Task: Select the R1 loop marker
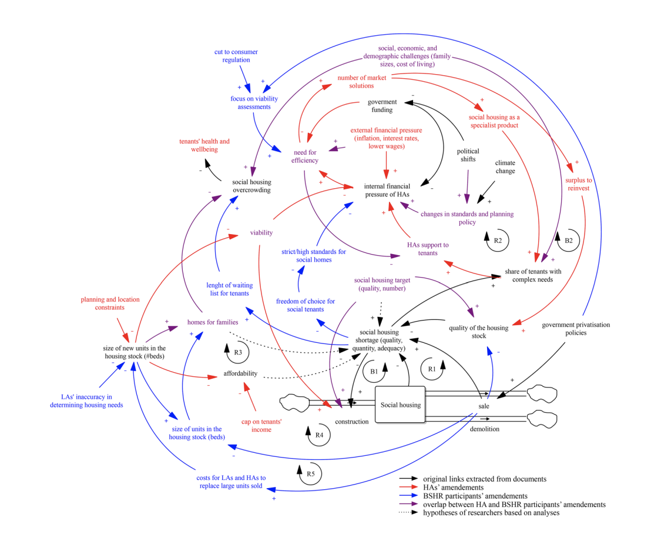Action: coord(431,369)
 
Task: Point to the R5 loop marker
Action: coord(310,474)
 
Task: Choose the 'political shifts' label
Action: coord(468,155)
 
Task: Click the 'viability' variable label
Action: coord(261,232)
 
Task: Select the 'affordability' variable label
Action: coord(240,373)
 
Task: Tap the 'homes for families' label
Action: coord(213,322)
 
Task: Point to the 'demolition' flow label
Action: coord(485,429)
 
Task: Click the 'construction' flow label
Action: coord(352,422)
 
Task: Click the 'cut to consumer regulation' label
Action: coord(236,55)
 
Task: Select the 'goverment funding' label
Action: coord(382,105)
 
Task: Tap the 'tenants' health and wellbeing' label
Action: coord(204,145)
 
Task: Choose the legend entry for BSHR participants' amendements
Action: coord(475,496)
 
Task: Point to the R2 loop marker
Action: coord(497,241)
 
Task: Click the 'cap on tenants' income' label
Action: coord(262,425)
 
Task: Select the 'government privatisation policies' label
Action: coord(576,328)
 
